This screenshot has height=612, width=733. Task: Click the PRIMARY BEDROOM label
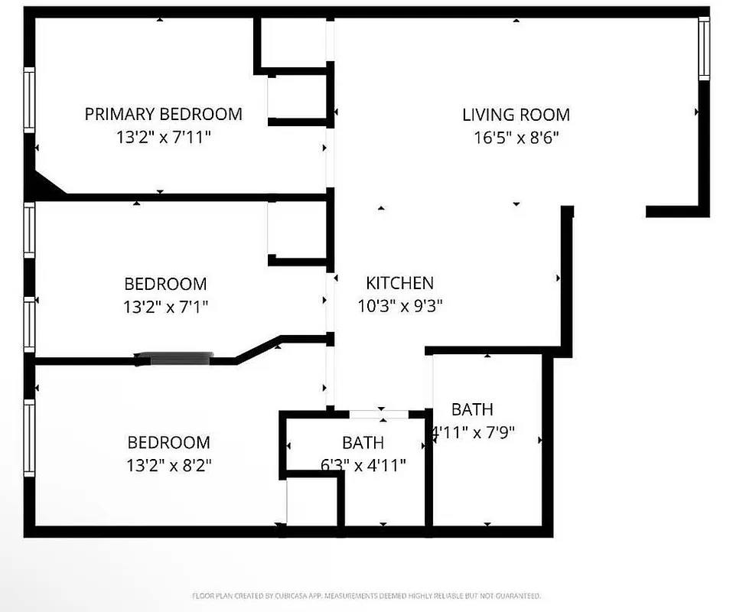[x=163, y=114]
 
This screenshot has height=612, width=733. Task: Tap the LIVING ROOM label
[x=516, y=115]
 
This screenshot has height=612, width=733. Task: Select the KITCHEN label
[x=399, y=283]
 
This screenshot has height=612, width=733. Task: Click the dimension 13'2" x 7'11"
[x=163, y=138]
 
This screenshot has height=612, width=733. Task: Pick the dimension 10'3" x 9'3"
[x=400, y=306]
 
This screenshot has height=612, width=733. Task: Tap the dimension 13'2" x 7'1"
[x=165, y=307]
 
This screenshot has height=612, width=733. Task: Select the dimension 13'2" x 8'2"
[x=168, y=465]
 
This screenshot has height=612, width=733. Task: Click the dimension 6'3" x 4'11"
[x=363, y=464]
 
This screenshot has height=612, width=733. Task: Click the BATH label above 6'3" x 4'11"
[x=363, y=442]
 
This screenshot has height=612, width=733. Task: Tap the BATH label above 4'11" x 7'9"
[x=472, y=409]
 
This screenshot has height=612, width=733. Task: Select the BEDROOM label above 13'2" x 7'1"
[x=165, y=284]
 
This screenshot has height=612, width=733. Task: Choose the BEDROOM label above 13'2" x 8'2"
[x=168, y=442]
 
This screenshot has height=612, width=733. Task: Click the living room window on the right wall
[x=703, y=48]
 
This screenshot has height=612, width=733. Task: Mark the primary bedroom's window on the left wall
[x=29, y=99]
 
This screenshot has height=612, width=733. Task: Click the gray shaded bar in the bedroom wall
[x=181, y=358]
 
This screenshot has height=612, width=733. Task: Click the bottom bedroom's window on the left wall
[x=29, y=439]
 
